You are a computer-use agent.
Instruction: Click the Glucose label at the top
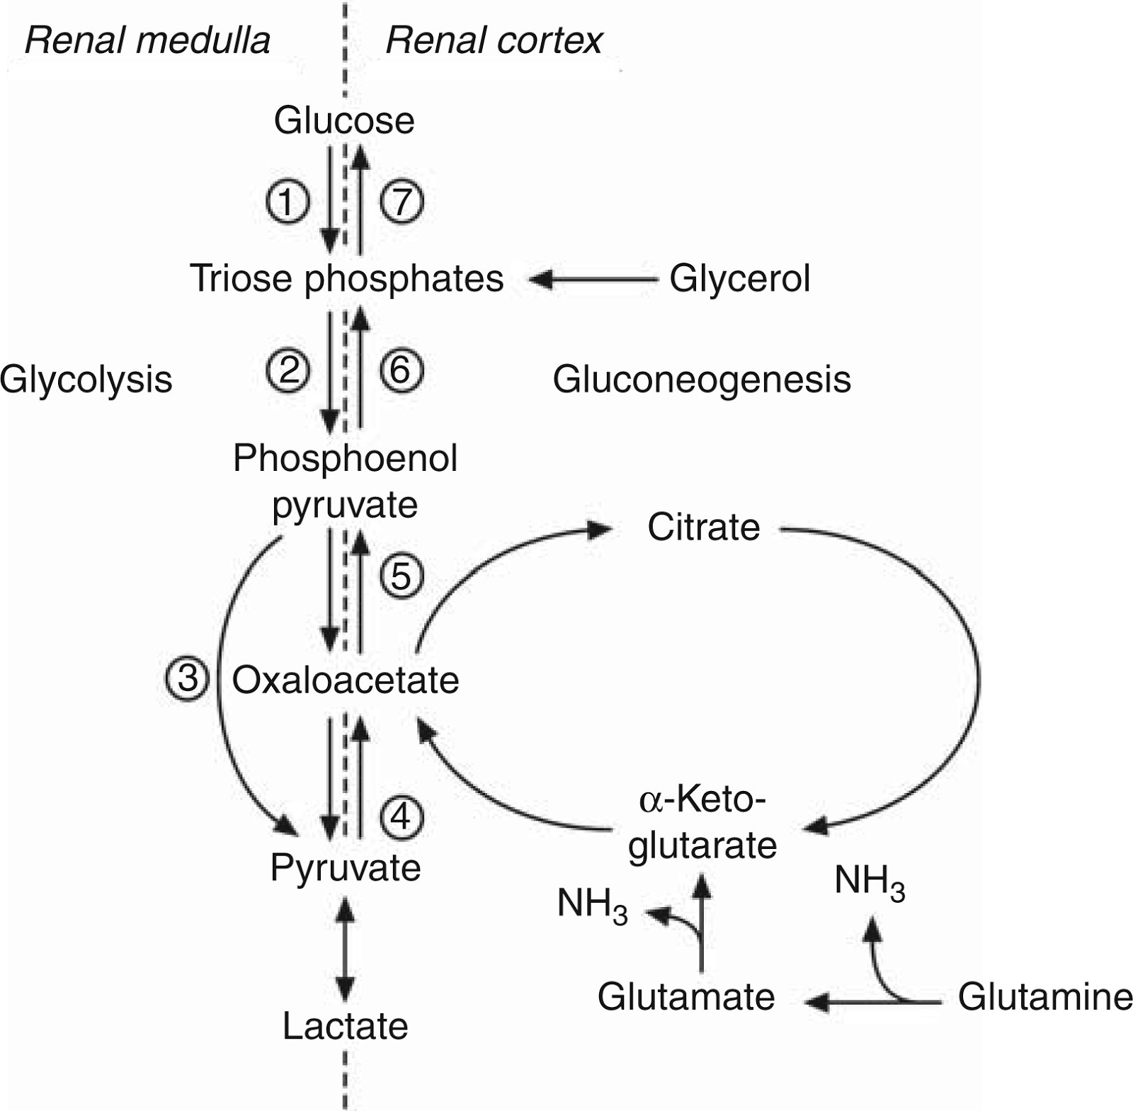click(x=344, y=120)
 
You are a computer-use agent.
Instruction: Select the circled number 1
click(x=287, y=203)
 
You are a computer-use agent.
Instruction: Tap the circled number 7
click(x=402, y=202)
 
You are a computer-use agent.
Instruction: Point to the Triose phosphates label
click(x=346, y=278)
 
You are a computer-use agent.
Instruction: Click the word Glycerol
click(x=739, y=278)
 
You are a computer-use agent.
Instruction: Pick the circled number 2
click(x=287, y=370)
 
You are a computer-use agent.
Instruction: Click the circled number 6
click(x=402, y=370)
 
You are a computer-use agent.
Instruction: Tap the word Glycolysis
click(x=86, y=380)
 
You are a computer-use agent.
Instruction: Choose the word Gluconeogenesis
click(x=701, y=380)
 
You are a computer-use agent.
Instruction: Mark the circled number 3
click(x=187, y=679)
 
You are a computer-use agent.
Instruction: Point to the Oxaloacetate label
click(x=346, y=680)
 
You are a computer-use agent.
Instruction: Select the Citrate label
click(x=703, y=528)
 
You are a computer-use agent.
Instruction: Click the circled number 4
click(x=402, y=817)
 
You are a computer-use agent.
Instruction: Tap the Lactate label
click(x=346, y=1026)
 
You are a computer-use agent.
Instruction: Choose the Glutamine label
click(x=1044, y=997)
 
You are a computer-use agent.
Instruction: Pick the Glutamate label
click(x=685, y=997)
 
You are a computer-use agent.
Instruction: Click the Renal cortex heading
click(x=494, y=40)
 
